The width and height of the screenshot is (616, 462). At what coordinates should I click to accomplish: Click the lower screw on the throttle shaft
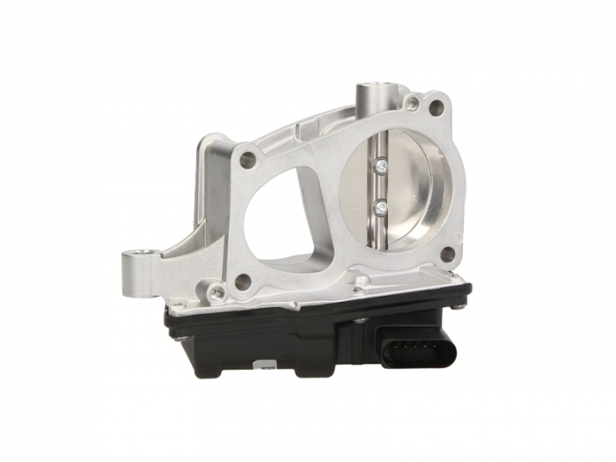coord(380,208)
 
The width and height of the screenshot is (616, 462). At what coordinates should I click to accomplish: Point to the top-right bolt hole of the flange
coord(436,108)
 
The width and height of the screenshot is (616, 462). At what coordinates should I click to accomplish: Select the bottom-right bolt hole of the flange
coord(447,254)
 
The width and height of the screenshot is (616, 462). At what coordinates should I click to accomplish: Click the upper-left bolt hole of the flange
coord(248,160)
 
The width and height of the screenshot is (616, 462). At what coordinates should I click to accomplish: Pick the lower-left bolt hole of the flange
coord(243,282)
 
